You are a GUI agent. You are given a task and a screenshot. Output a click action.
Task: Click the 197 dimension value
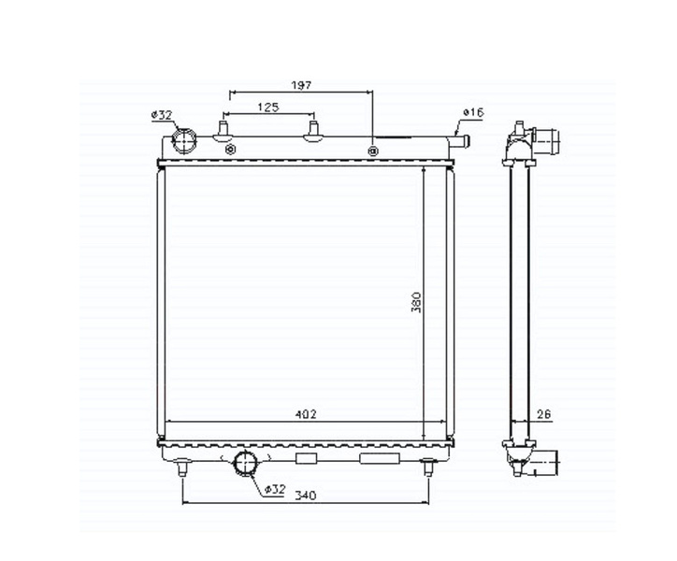point(301,85)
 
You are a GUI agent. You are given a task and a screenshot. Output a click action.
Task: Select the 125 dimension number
point(268,108)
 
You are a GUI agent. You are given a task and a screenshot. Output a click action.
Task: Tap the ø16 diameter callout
point(473,113)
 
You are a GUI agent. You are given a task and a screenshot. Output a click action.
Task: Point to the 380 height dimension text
point(416,302)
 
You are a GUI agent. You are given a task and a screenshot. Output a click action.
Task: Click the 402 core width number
point(306,414)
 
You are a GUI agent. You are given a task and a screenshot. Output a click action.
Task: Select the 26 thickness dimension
point(543,414)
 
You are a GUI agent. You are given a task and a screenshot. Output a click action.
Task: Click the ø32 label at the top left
point(162,115)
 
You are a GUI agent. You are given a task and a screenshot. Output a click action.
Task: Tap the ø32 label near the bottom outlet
point(275,489)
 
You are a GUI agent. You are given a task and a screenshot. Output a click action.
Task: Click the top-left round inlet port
point(184,141)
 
